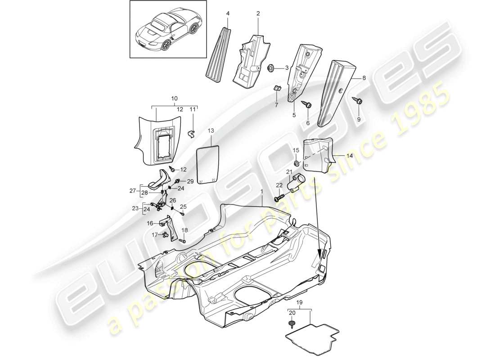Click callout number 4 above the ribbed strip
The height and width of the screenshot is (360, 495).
(228, 14)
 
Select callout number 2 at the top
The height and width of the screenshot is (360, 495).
(258, 14)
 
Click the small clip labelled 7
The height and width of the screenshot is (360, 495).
(277, 88)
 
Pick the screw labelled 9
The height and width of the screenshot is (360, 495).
(359, 101)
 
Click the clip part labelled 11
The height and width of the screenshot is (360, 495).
(191, 133)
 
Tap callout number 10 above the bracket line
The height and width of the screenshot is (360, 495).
(175, 98)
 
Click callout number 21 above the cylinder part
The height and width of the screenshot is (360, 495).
(289, 173)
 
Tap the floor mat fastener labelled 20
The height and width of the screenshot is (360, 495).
(292, 324)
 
